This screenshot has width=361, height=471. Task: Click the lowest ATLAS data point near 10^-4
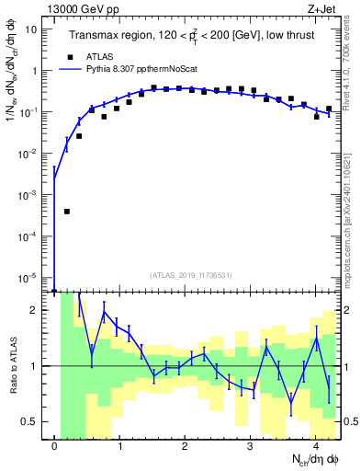[x=67, y=211]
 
